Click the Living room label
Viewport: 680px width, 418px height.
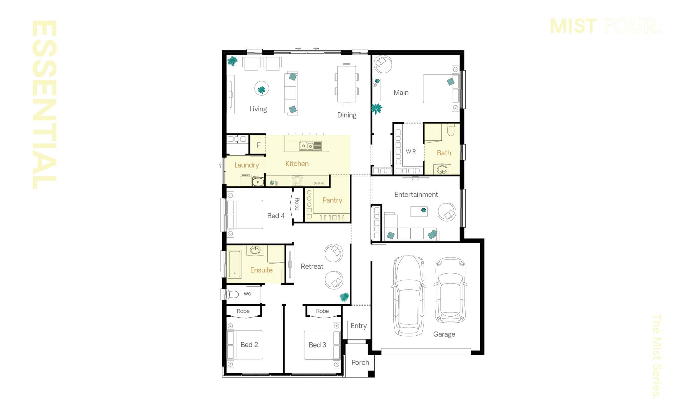pos(258,109)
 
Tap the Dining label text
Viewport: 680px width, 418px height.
pos(347,115)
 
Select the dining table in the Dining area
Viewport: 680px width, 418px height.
pos(347,84)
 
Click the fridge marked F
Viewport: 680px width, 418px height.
pos(258,145)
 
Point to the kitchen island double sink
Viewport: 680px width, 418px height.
pos(307,146)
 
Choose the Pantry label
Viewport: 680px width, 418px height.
pos(332,200)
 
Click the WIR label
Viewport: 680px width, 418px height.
pos(410,152)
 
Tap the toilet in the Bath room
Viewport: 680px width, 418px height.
pos(451,129)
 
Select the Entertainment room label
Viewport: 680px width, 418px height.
pos(416,195)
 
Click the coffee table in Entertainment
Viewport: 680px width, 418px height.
pos(419,211)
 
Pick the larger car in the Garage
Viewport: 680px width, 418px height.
pos(409,296)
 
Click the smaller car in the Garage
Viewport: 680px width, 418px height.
pos(450,290)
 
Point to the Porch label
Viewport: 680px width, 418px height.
pos(360,362)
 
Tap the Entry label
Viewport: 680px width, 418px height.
pos(358,326)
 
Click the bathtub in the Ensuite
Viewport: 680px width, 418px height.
pos(235,264)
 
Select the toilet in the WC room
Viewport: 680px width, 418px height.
pos(232,294)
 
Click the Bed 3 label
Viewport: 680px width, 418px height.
pos(317,345)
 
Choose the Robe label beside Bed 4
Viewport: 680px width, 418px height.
pos(297,204)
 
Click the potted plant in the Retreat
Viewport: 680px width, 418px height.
pos(344,297)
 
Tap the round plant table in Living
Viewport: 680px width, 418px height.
pos(261,89)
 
